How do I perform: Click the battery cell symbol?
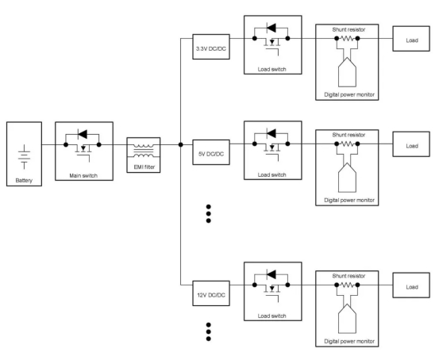point(25,157)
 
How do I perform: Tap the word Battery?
point(24,181)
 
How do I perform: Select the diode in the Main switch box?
point(83,134)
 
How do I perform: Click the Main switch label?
point(83,176)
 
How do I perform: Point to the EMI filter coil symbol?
point(144,151)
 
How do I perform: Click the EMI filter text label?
point(144,167)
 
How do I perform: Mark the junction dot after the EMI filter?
point(180,144)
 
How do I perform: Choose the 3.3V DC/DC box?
point(211,47)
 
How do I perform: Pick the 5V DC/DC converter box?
point(211,152)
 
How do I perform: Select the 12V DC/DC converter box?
point(211,293)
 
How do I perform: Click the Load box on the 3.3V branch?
point(411,39)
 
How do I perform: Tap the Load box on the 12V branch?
point(411,285)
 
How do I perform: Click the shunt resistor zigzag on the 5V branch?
point(347,144)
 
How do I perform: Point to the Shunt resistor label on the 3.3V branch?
point(349,29)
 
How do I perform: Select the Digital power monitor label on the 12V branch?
point(349,341)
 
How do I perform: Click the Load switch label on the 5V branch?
point(271,174)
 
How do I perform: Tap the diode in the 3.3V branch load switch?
point(271,28)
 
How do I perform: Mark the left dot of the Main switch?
point(66,144)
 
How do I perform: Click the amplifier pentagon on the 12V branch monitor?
point(347,319)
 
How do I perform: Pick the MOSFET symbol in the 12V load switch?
point(271,293)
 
